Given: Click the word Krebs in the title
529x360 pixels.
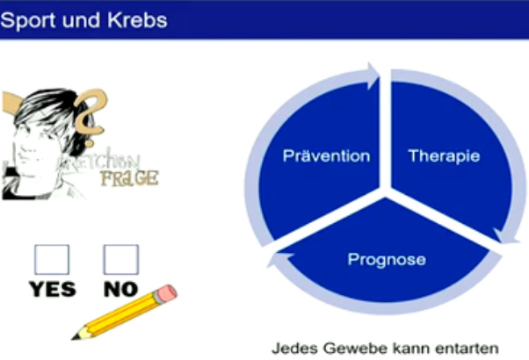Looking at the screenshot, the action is (x=137, y=20).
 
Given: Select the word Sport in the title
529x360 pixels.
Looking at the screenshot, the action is (x=29, y=21).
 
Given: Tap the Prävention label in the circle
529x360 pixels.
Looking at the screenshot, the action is (x=326, y=155).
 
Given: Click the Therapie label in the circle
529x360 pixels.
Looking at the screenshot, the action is (x=444, y=155).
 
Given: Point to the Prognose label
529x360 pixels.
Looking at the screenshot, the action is (x=387, y=260).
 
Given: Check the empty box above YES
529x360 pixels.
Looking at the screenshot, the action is (x=52, y=259).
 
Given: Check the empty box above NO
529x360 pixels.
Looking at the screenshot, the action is (x=121, y=259).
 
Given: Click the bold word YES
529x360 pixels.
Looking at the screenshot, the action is (x=53, y=289).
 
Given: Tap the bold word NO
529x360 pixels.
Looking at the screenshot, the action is (x=120, y=289).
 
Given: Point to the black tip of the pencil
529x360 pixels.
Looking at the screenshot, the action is (x=76, y=337).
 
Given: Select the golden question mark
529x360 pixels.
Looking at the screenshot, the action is (x=91, y=116).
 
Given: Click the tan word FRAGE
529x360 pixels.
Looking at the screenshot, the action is (x=129, y=178).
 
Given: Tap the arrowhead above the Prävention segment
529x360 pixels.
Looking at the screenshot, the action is (x=373, y=76).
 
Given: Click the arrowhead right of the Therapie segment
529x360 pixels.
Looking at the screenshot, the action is (x=506, y=236).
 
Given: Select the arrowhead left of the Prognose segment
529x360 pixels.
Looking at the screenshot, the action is (x=278, y=259).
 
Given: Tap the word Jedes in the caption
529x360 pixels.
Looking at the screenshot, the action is (x=295, y=349).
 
